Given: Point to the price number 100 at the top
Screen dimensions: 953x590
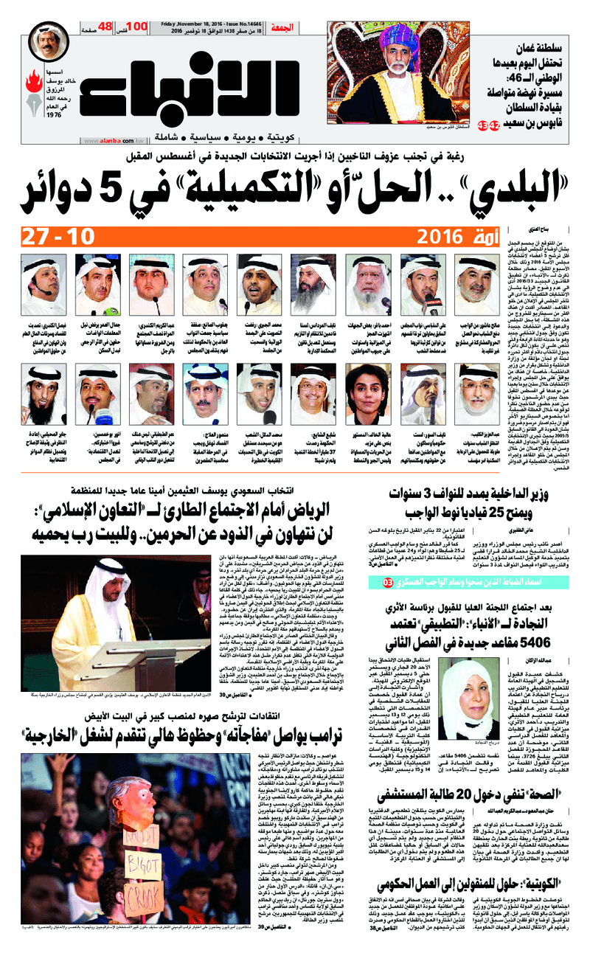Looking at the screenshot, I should [x=136, y=27].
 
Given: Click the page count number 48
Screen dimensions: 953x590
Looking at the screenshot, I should [x=104, y=27].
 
